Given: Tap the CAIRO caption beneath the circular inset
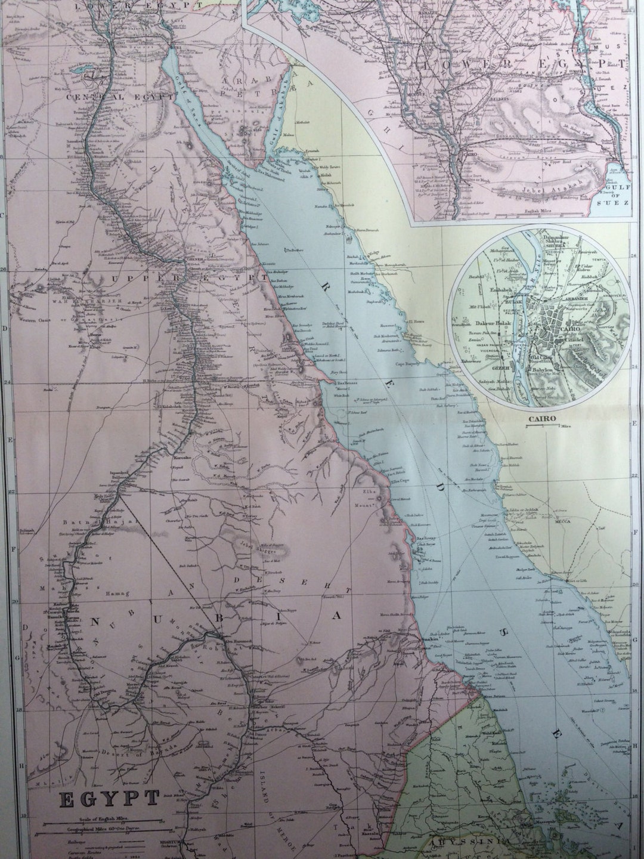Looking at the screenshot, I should click(x=541, y=418).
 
